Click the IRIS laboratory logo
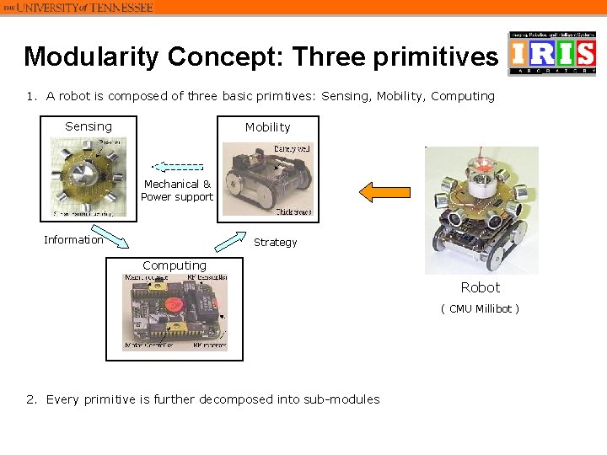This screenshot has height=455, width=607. pos(552,53)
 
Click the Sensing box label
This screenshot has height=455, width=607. pos(88,126)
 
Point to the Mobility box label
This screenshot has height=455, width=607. pos(267,127)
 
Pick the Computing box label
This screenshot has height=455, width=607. pos(174,265)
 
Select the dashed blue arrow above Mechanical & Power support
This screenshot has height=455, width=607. pos(178,167)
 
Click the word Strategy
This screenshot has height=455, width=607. pos(275,243)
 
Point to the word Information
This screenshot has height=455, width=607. pos(73,240)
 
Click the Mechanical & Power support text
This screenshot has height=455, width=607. pos(177,190)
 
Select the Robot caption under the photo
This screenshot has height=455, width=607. pos(480,287)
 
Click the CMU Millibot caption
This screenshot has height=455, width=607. pos(480,308)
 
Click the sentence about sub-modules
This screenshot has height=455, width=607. pos(213,399)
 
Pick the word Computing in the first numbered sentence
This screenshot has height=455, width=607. pos(463,96)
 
